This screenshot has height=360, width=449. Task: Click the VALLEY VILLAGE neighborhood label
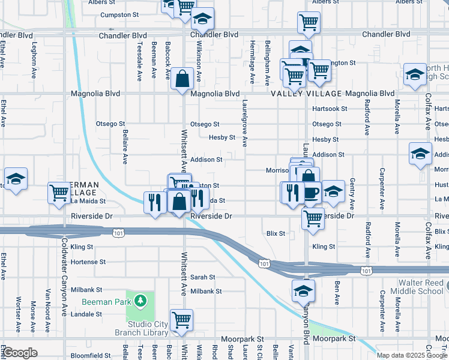coord(306,94)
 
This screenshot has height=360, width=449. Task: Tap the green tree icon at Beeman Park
coord(139,299)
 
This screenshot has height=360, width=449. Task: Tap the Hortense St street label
coord(88,262)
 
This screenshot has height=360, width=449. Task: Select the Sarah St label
coord(203,277)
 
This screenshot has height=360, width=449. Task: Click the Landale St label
coord(83,314)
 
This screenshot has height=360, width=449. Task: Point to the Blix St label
coord(275,233)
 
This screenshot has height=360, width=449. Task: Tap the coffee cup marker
coord(311,192)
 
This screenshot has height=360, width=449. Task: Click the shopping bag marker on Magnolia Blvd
coord(181,78)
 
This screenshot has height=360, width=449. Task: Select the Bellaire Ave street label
coord(125,146)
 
